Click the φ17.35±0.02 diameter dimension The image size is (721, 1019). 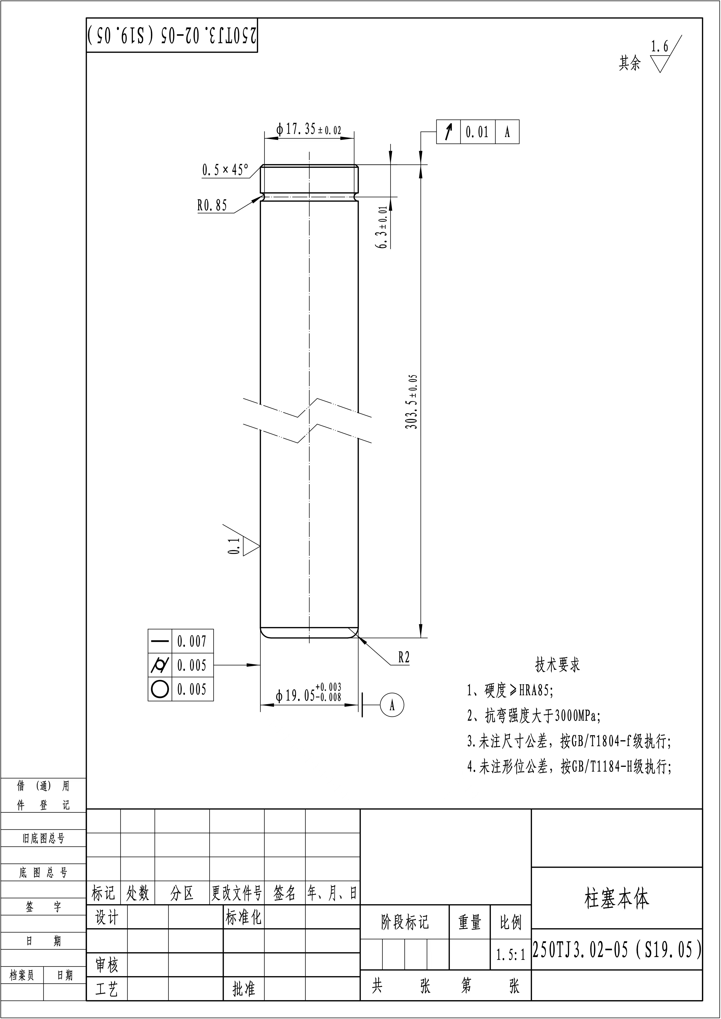[308, 130]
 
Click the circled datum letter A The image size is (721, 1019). [392, 705]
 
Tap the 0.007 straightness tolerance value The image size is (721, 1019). [192, 641]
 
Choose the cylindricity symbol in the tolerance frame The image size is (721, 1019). [160, 665]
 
